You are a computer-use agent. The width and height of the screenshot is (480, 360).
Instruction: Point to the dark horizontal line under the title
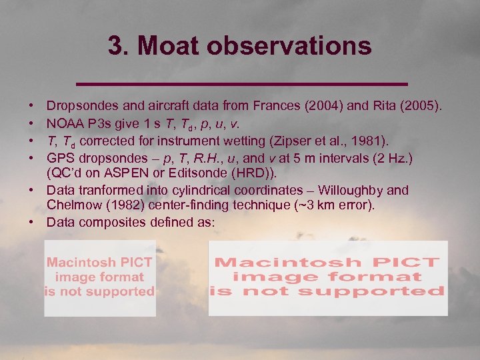tap(241, 83)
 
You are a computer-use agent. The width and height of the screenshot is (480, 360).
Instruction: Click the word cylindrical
tap(207, 191)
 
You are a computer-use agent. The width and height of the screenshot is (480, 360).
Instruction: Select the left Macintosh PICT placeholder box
tap(99, 278)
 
